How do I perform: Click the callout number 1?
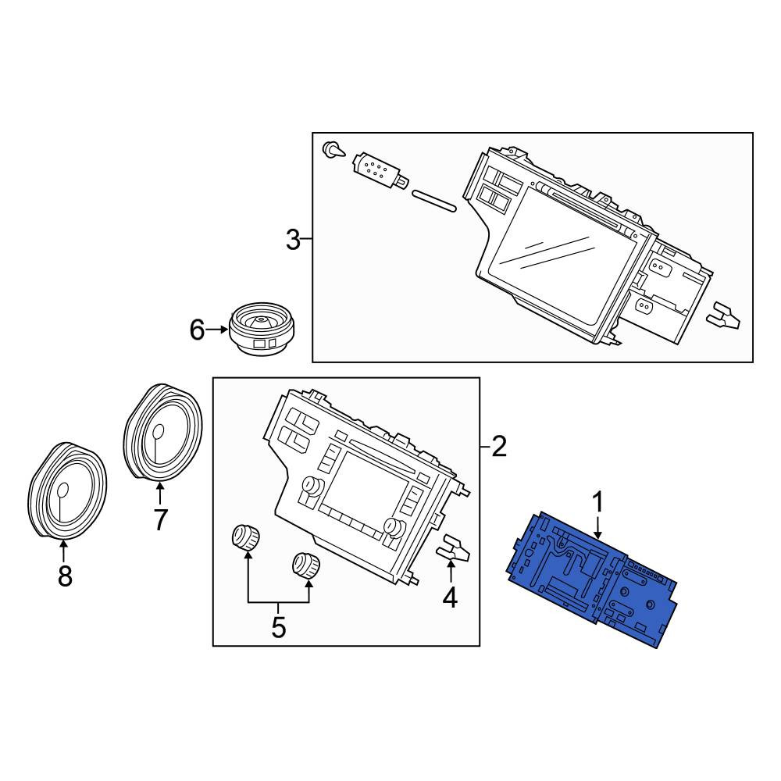(x=597, y=502)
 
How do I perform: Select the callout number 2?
(x=498, y=446)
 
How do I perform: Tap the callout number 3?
(x=293, y=240)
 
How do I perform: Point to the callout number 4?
(x=450, y=597)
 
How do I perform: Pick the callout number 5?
(x=279, y=627)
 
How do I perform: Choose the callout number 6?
(x=198, y=330)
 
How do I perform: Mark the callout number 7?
(x=160, y=520)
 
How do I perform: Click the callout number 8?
(x=65, y=576)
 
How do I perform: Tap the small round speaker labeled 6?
(x=262, y=328)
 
